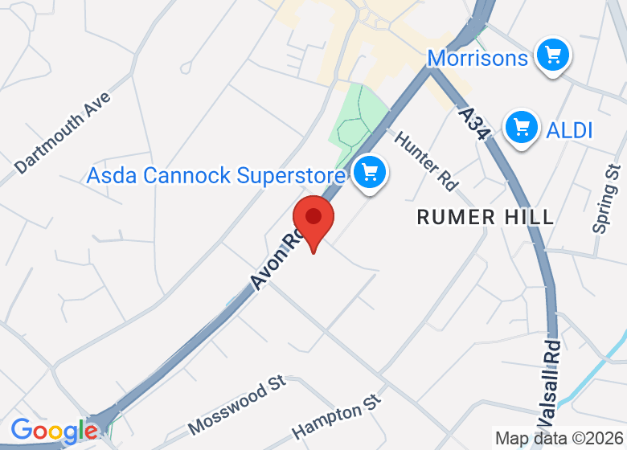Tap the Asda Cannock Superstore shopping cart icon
370,171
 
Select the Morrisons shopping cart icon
552,55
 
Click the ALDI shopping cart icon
522,126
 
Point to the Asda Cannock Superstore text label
216,175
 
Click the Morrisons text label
477,58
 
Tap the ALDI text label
569,129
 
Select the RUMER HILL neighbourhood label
486,217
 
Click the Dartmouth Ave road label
63,133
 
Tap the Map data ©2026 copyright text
559,439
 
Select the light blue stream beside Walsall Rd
599,371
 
